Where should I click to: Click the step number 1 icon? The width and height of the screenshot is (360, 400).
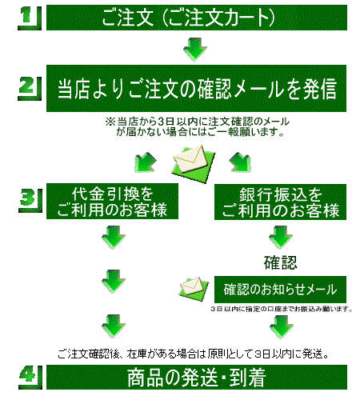[30, 18]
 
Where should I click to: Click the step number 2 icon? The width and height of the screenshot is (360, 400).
[30, 89]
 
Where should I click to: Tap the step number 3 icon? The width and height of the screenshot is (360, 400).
[30, 201]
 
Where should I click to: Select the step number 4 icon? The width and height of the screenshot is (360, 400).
[30, 377]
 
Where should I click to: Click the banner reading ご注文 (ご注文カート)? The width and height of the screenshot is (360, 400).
[197, 18]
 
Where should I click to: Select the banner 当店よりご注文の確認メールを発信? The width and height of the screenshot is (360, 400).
[196, 88]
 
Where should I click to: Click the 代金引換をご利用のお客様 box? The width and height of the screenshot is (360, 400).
[112, 202]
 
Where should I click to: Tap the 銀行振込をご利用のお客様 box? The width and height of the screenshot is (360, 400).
[280, 202]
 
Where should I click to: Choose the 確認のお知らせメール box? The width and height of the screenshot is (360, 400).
[280, 290]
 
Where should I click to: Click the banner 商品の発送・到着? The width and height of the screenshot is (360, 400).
[197, 377]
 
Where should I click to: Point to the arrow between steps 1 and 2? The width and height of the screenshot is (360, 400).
[195, 50]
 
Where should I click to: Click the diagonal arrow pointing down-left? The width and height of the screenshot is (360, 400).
[146, 162]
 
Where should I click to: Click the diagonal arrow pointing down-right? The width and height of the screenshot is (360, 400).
[240, 162]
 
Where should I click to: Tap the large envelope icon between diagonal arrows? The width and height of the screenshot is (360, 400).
[193, 163]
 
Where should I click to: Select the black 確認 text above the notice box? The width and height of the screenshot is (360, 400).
[280, 262]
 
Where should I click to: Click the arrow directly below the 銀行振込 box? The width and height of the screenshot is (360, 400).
[281, 238]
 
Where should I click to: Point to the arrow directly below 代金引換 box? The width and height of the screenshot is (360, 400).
[114, 238]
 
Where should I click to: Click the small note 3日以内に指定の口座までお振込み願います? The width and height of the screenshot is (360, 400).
[282, 309]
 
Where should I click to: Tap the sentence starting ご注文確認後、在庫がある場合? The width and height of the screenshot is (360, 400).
[194, 354]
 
